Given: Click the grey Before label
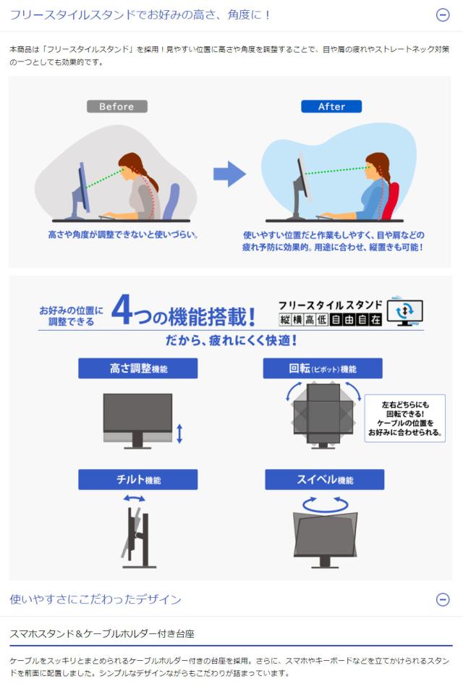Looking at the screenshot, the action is coord(117,106).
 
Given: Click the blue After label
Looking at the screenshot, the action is coord(331,106).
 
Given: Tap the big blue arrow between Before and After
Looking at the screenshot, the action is coord(229,174).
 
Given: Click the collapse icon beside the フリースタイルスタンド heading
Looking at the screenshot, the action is coord(443,15).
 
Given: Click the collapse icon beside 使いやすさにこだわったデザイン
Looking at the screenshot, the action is coord(443,599).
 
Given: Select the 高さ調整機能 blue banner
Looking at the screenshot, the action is coord(137,368).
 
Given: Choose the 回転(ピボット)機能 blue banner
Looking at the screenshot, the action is coord(323,368).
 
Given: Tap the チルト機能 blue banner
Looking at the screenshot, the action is coord(137,479).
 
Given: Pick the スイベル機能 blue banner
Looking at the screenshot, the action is coord(325,479).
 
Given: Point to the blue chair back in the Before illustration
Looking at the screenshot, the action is coord(172,200).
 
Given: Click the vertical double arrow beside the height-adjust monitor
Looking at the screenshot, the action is coord(179,434).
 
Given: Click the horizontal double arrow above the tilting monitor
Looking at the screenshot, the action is coord(135,498).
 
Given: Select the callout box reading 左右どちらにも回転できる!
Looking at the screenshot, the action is coord(404,418).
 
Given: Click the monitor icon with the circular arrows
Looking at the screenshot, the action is coord(405,311).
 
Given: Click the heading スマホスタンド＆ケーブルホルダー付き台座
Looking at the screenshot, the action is coord(102,633).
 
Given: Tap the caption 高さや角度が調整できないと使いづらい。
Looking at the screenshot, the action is coord(124,235).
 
